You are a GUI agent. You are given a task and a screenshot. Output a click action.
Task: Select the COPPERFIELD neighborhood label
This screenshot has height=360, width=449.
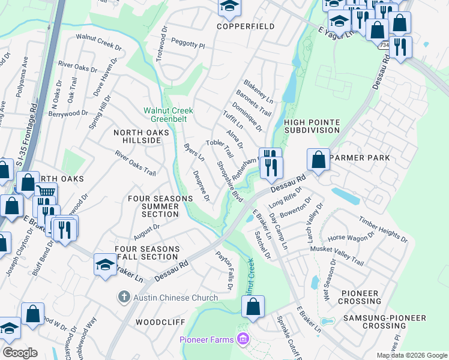tap(246, 26)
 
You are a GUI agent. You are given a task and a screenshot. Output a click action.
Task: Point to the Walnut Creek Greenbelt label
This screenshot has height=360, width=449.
tap(169, 115)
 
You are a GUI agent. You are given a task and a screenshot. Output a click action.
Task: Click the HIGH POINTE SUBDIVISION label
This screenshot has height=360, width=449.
tap(312, 126)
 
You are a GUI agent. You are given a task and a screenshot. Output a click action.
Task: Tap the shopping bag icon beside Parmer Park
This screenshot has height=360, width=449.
tap(319, 160)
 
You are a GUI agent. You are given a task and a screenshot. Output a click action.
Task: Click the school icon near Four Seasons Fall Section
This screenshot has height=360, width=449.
tap(105, 265)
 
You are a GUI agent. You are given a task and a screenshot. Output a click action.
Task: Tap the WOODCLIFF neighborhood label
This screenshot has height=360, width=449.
tap(160, 322)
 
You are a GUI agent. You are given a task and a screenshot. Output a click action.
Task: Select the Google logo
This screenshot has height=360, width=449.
tap(20, 353)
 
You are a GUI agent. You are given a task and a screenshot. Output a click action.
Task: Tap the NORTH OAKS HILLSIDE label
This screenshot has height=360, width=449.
tap(137, 136)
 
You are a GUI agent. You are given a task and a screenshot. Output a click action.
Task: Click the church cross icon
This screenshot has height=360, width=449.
tap(123, 297)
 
